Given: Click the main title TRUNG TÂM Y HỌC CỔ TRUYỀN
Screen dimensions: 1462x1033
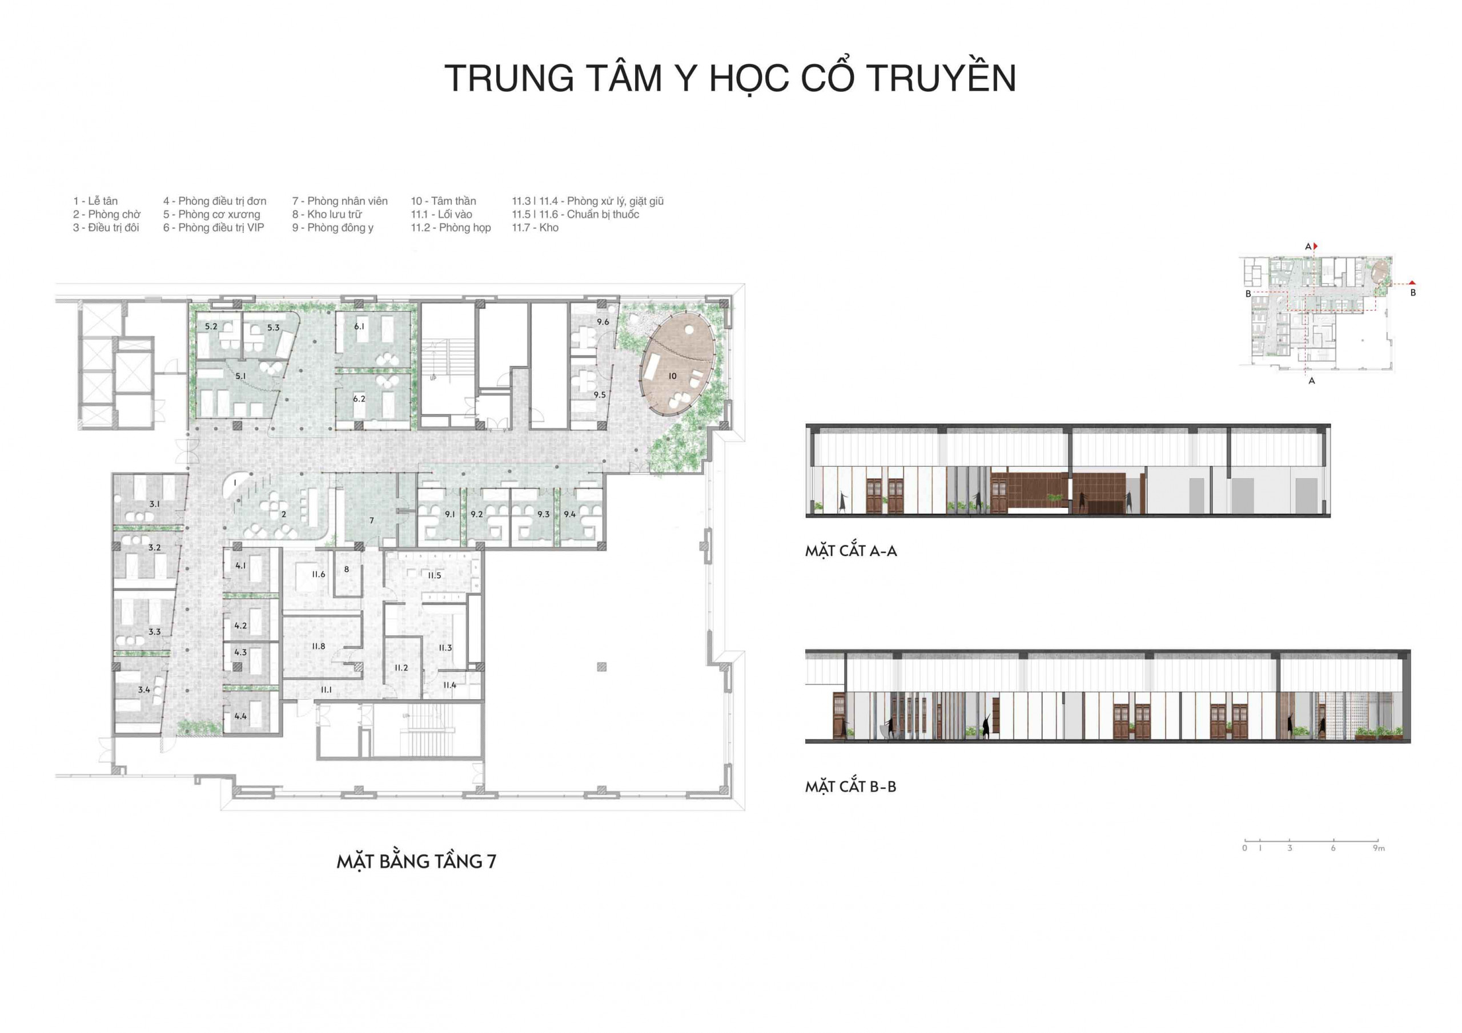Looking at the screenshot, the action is pos(730,78).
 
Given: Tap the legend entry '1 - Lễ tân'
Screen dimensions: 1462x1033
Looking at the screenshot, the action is pos(95,201).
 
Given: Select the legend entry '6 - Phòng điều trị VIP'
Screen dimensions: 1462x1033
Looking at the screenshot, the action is pos(214,227).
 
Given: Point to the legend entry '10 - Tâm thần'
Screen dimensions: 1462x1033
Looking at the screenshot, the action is pos(443,201).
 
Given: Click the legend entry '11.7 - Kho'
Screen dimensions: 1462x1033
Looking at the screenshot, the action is pos(535,227).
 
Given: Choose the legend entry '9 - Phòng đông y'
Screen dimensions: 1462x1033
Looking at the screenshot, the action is pos(333,227).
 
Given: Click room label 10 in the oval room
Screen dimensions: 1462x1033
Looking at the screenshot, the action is pos(672,376).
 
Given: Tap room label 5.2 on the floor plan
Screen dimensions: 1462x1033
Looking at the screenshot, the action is pos(211,326).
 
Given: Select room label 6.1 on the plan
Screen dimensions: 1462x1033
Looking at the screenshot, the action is pos(360,326).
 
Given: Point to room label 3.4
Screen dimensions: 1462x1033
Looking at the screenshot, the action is pos(144,689).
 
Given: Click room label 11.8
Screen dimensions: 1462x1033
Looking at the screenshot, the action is pos(318,646).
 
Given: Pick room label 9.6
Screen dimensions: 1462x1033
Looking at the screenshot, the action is pos(603,322).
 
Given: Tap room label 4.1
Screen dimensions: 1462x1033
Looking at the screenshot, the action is pos(240,565).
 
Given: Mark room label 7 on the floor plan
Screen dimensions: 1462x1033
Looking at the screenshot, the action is pos(372,520).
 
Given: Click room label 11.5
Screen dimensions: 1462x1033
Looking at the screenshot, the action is pos(434,575).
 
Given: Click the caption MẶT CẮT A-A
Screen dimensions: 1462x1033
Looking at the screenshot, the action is pos(851,551).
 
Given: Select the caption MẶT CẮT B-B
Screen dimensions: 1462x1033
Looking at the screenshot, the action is pos(851,786).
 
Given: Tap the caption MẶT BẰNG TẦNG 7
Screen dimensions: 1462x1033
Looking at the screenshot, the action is pos(416,862).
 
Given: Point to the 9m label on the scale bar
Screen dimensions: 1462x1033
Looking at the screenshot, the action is pos(1379,849).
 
